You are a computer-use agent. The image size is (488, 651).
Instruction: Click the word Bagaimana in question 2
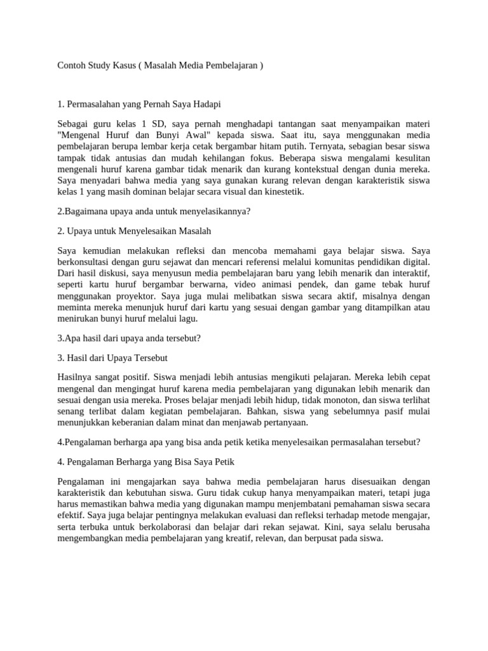point(85,212)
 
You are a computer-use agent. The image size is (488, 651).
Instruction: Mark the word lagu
point(188,319)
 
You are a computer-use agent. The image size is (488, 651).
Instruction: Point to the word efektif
point(72,504)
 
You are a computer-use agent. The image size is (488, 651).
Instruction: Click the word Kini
point(334,526)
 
